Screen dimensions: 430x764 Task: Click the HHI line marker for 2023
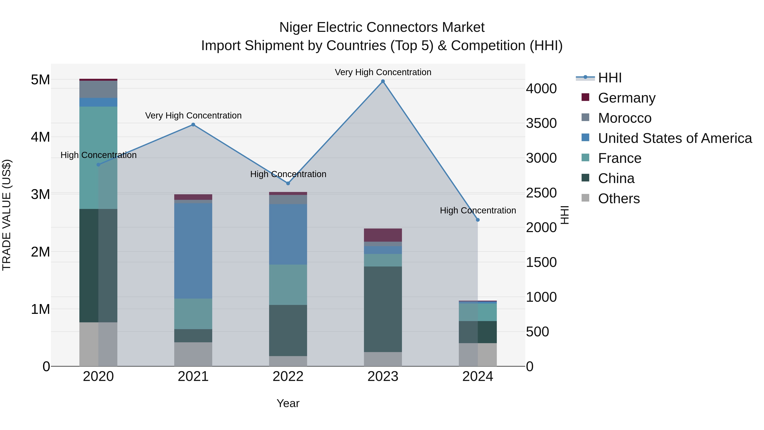(x=383, y=81)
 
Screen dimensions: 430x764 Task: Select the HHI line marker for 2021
(x=193, y=125)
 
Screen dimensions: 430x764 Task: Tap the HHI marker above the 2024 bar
(x=477, y=220)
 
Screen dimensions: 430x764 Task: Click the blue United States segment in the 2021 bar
(x=193, y=251)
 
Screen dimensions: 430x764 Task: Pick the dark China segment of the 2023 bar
(x=383, y=309)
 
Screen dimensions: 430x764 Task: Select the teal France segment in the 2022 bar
(x=288, y=285)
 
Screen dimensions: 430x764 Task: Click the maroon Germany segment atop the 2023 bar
(x=383, y=235)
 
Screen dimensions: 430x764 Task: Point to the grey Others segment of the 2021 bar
(x=193, y=354)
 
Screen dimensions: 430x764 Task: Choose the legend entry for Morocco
(x=624, y=118)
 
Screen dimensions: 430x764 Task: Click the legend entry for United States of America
(x=674, y=138)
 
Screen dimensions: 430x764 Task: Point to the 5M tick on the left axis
(x=40, y=80)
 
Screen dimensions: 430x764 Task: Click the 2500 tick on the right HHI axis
(x=541, y=193)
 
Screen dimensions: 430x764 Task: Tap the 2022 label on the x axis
(x=288, y=376)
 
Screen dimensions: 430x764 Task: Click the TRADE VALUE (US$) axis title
(x=7, y=215)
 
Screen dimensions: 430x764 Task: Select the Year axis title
(x=288, y=403)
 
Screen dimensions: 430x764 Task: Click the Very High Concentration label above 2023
(x=383, y=72)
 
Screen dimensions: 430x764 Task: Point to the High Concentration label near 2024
(x=477, y=210)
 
